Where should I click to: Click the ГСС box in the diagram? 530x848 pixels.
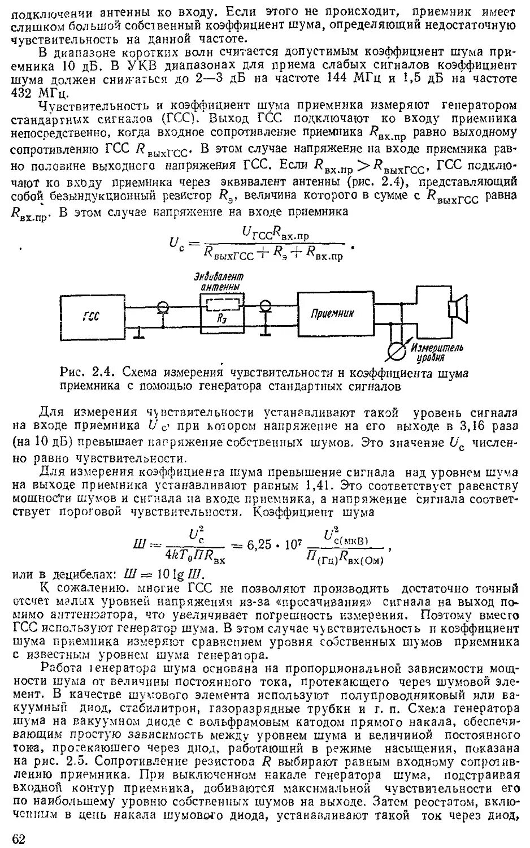tap(93, 316)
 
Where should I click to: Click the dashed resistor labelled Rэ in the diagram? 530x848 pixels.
tap(222, 307)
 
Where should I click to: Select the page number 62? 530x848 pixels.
tap(19, 838)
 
